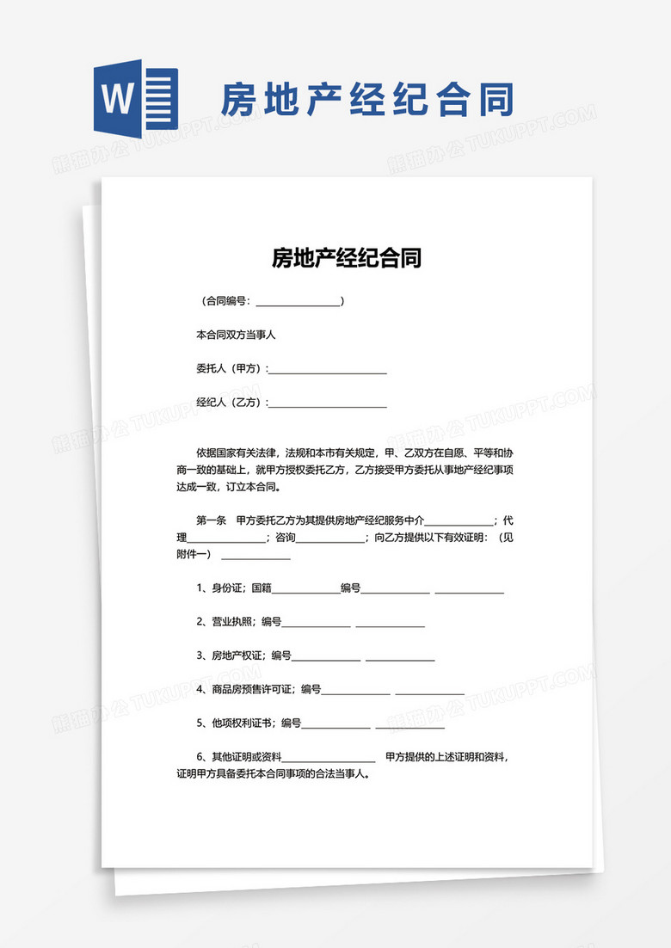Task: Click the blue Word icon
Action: tap(135, 100)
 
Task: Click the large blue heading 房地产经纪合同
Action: tap(367, 102)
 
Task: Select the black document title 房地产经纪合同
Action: tap(347, 257)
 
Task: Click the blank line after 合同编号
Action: tap(298, 302)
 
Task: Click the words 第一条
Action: tap(212, 520)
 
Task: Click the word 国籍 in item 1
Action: tap(262, 588)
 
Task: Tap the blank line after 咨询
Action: tap(330, 538)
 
